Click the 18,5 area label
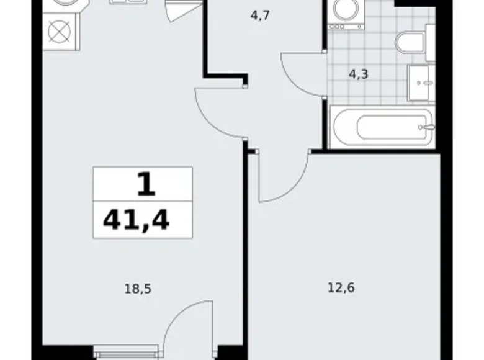pos(138,289)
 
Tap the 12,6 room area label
pos(341,288)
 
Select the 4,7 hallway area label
pos(260,15)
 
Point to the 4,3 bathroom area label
pos(359,74)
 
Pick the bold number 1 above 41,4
pos(146,184)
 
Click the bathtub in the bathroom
pos(382,127)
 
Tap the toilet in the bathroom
pos(411,43)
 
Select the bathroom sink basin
pos(421,83)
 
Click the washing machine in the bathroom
pos(346,15)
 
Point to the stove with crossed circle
pos(60,32)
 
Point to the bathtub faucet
pos(428,127)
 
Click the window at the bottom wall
pos(126,352)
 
